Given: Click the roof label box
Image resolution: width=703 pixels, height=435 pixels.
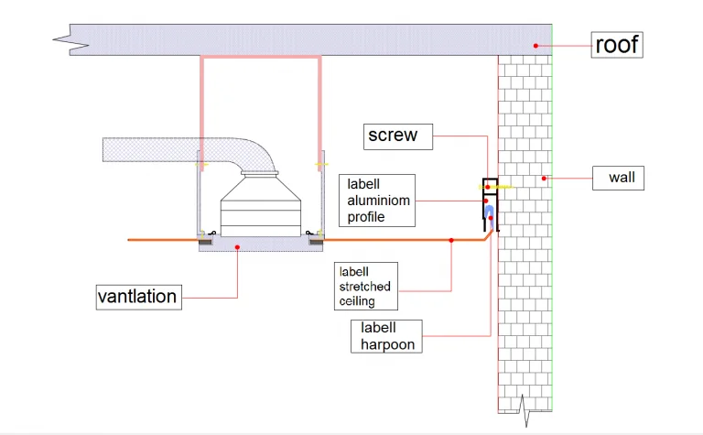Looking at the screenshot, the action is [x=617, y=45].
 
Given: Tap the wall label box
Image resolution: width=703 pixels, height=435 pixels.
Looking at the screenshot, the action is [x=618, y=178].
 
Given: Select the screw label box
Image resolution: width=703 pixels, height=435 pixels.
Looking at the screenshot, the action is [x=398, y=136].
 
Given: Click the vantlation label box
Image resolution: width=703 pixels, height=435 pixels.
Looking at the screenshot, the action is [x=139, y=297].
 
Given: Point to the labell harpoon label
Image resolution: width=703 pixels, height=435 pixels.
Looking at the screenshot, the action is [x=386, y=336].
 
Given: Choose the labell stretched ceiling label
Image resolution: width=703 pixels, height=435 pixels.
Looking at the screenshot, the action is [x=366, y=286].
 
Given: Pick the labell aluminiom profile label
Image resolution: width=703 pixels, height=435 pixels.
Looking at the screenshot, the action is [x=377, y=201].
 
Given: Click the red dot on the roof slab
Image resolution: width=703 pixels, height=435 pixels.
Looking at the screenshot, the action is [x=535, y=46].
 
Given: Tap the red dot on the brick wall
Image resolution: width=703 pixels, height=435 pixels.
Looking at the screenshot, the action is [x=544, y=179].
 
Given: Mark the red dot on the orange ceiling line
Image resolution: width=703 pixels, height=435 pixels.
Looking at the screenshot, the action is [x=451, y=240].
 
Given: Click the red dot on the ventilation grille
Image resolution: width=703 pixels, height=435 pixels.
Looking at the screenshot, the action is [x=237, y=247].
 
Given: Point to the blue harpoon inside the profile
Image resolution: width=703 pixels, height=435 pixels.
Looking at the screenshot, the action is [x=489, y=212].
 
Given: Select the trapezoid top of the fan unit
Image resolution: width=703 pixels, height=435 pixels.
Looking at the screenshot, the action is [x=261, y=188].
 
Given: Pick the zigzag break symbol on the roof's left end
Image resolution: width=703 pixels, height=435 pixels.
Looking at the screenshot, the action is [x=70, y=40].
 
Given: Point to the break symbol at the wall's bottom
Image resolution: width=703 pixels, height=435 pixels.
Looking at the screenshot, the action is [x=525, y=410].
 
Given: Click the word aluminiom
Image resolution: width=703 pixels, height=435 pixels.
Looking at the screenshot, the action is [x=378, y=201].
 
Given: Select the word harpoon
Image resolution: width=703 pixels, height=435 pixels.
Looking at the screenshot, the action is [x=388, y=344].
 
